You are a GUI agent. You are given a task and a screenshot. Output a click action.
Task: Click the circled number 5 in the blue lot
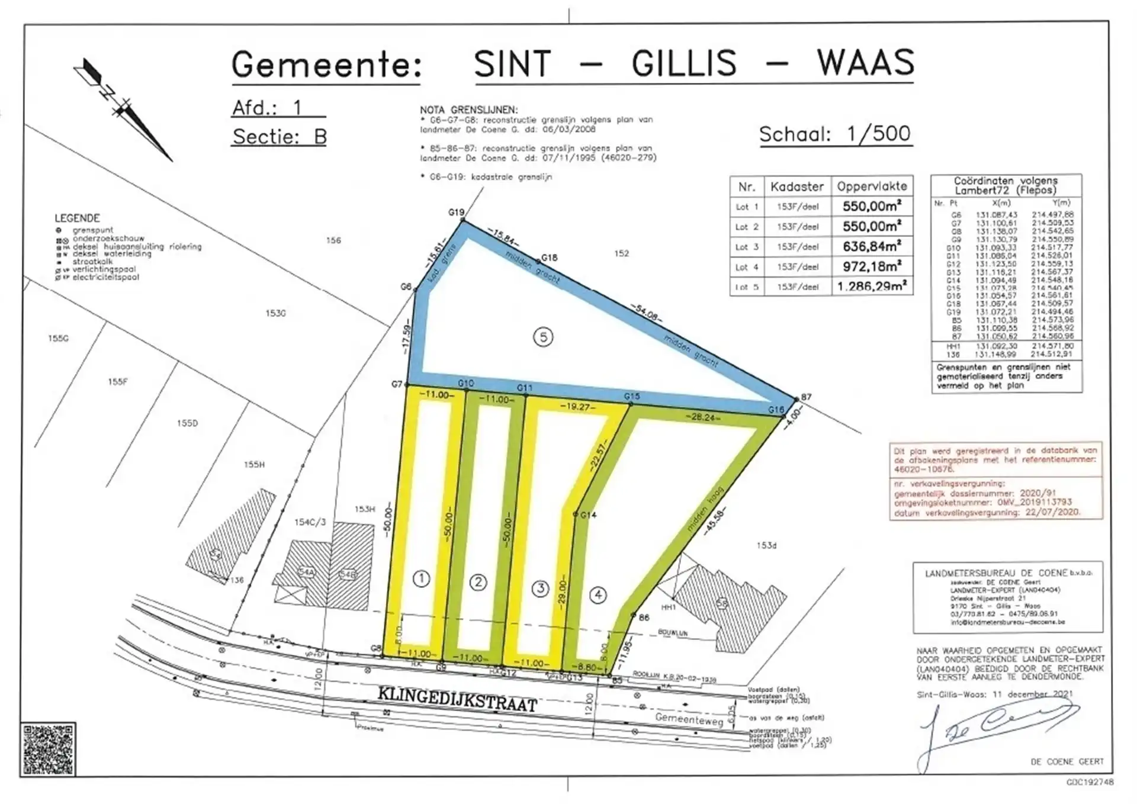[543, 337]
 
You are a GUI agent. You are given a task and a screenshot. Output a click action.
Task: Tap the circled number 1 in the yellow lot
[421, 578]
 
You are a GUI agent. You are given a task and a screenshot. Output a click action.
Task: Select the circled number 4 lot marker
[598, 594]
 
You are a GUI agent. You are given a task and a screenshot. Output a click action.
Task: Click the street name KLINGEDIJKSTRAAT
[457, 699]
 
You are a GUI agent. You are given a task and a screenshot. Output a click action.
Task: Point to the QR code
[48, 749]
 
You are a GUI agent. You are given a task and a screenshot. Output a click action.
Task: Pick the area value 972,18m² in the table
[872, 266]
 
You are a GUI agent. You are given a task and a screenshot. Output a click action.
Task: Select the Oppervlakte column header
[872, 186]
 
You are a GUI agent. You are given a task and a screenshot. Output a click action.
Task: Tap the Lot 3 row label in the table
[747, 247]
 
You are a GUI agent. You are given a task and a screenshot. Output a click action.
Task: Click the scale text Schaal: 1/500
[835, 134]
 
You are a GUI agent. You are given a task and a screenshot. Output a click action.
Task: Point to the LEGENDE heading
[77, 218]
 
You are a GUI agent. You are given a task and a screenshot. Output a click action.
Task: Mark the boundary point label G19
[456, 213]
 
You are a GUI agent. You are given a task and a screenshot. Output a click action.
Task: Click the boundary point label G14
[588, 515]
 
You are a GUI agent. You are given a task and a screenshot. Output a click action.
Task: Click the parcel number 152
[621, 253]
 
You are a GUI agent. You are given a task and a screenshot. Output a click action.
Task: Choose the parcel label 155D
[187, 423]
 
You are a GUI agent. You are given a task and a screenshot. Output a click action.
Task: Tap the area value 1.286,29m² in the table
[872, 287]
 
